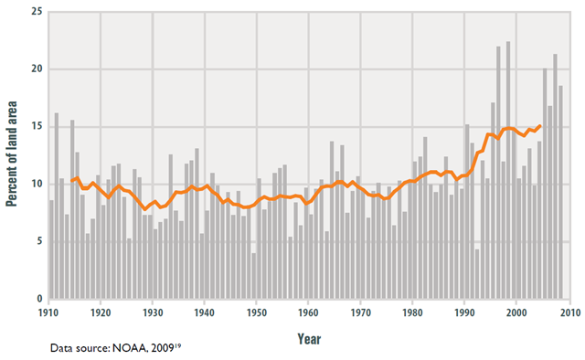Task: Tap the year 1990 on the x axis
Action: [x=465, y=313]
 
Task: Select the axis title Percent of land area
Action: [x=14, y=155]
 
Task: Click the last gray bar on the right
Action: [x=560, y=193]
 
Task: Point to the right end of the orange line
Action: [x=539, y=126]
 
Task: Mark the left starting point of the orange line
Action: [x=71, y=181]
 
